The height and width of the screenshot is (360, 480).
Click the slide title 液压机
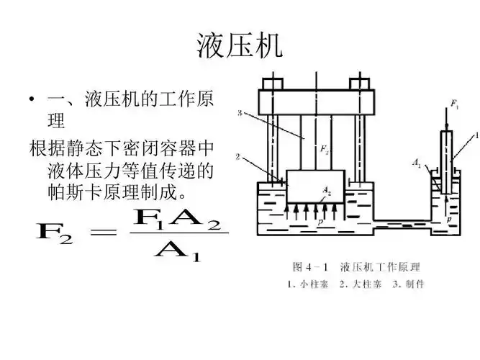(x=240, y=45)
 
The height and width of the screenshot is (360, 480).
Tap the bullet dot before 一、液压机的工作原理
(x=32, y=99)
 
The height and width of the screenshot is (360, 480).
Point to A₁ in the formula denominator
(x=176, y=251)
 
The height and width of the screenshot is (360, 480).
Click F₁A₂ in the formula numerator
(x=176, y=216)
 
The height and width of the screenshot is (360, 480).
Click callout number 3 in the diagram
(x=241, y=113)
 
